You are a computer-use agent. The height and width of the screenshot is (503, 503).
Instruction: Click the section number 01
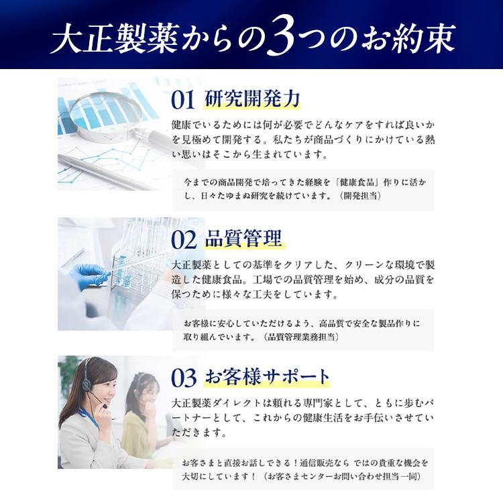183,100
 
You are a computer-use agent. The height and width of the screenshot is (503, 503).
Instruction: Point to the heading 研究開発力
251,99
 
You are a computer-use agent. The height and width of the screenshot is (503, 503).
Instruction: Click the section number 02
184,239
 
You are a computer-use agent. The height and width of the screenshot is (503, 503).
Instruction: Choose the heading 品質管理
243,238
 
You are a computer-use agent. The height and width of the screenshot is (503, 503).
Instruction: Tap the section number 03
184,379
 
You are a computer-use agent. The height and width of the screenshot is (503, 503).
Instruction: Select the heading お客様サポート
267,377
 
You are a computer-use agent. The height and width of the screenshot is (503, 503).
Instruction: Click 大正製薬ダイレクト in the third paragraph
218,404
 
